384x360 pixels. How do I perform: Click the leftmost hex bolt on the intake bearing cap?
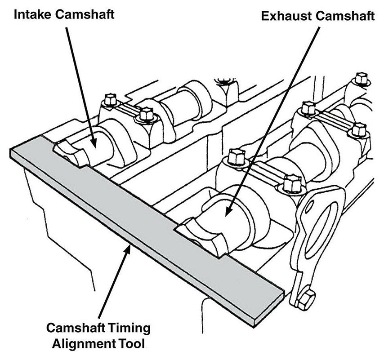109,100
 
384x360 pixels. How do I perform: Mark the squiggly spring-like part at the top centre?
223,81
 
